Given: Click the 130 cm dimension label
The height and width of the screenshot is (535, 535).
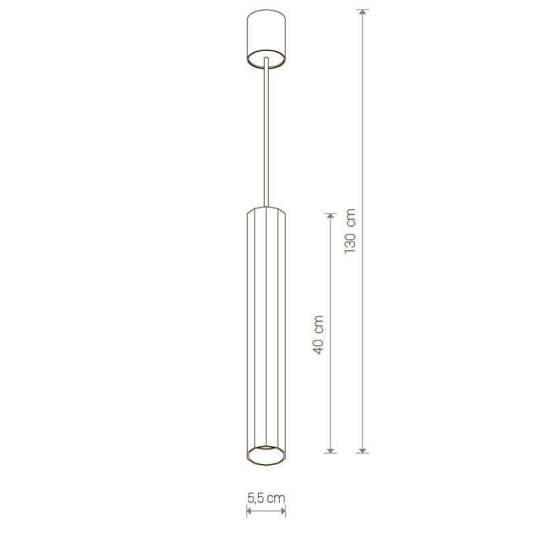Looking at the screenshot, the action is pyautogui.click(x=350, y=231).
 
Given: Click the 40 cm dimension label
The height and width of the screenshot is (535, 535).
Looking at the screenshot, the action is pyautogui.click(x=318, y=335).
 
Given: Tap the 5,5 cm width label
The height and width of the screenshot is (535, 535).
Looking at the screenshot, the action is pyautogui.click(x=266, y=498).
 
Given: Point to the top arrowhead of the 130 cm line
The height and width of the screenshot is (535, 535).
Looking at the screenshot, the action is pyautogui.click(x=362, y=12).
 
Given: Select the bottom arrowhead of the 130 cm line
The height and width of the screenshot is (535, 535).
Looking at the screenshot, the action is pyautogui.click(x=362, y=450).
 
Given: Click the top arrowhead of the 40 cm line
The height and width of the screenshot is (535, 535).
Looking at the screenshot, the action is pyautogui.click(x=330, y=216).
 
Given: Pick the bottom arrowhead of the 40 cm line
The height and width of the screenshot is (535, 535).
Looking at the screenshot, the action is pyautogui.click(x=330, y=450).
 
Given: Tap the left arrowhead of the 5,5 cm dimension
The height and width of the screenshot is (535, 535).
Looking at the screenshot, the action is pyautogui.click(x=249, y=510).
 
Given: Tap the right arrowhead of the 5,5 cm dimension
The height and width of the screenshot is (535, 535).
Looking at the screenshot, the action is pyautogui.click(x=283, y=510).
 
